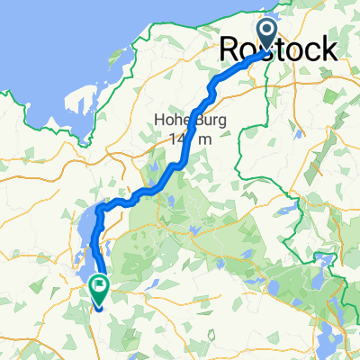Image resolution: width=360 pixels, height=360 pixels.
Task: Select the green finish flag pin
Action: point(96,289)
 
